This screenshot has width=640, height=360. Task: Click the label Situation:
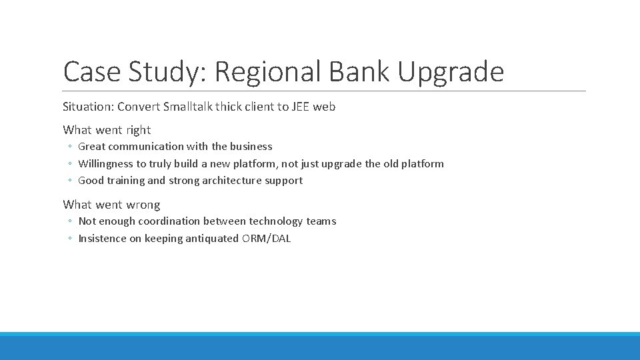88,107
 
